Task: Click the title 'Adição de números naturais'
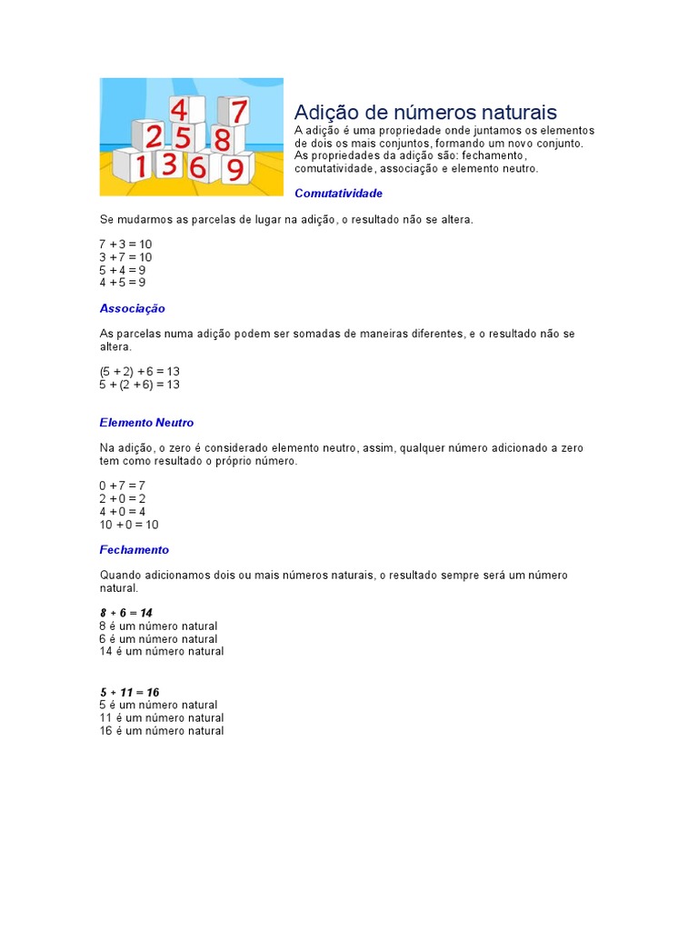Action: tap(425, 113)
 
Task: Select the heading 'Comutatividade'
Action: tap(338, 194)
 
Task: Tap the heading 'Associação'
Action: tap(133, 309)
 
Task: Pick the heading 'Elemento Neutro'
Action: tap(146, 423)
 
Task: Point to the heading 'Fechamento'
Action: tap(134, 550)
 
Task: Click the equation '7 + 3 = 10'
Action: tap(125, 245)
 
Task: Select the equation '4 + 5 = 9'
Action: tap(122, 282)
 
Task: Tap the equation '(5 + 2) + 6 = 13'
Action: tap(139, 372)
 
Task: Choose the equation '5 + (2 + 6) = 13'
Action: tap(139, 385)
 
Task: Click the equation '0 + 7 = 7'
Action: tap(122, 486)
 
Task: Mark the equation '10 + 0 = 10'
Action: tap(128, 525)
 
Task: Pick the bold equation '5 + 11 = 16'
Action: tap(129, 692)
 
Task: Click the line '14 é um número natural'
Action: tap(161, 651)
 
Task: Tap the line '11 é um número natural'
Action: tap(161, 717)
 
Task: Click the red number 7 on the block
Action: tap(238, 112)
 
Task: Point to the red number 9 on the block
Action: tap(234, 170)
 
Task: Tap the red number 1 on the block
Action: tap(141, 166)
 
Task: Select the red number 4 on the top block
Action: tap(180, 110)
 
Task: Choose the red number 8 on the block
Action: tap(221, 140)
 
